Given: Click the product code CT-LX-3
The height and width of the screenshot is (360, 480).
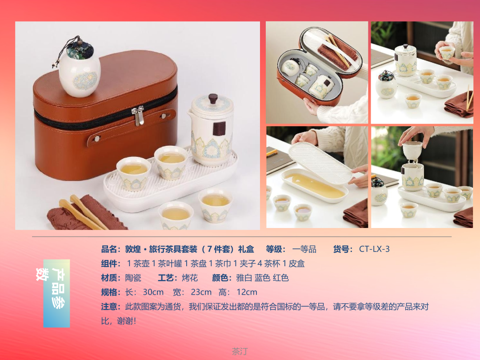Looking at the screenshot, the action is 374,249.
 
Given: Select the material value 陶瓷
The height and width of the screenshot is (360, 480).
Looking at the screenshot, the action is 133,278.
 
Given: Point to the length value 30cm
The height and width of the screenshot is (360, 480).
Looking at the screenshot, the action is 153,292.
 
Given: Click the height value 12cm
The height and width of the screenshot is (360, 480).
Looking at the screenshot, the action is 247,292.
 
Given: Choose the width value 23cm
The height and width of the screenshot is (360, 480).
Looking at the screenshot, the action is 201,292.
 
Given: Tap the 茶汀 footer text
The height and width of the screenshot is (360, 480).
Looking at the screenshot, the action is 240,351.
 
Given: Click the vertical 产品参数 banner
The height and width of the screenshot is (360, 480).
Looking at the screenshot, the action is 56,293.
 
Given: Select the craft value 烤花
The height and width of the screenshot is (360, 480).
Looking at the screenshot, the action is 190,278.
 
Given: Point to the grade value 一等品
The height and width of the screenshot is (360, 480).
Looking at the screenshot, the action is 304,249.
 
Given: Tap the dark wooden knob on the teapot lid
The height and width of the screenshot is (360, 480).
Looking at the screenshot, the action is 213,99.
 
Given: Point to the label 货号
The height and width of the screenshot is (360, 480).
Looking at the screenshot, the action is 341,249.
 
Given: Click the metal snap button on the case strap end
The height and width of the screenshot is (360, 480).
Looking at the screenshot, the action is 97,139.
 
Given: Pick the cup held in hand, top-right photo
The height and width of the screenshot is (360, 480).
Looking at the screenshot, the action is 447,52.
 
